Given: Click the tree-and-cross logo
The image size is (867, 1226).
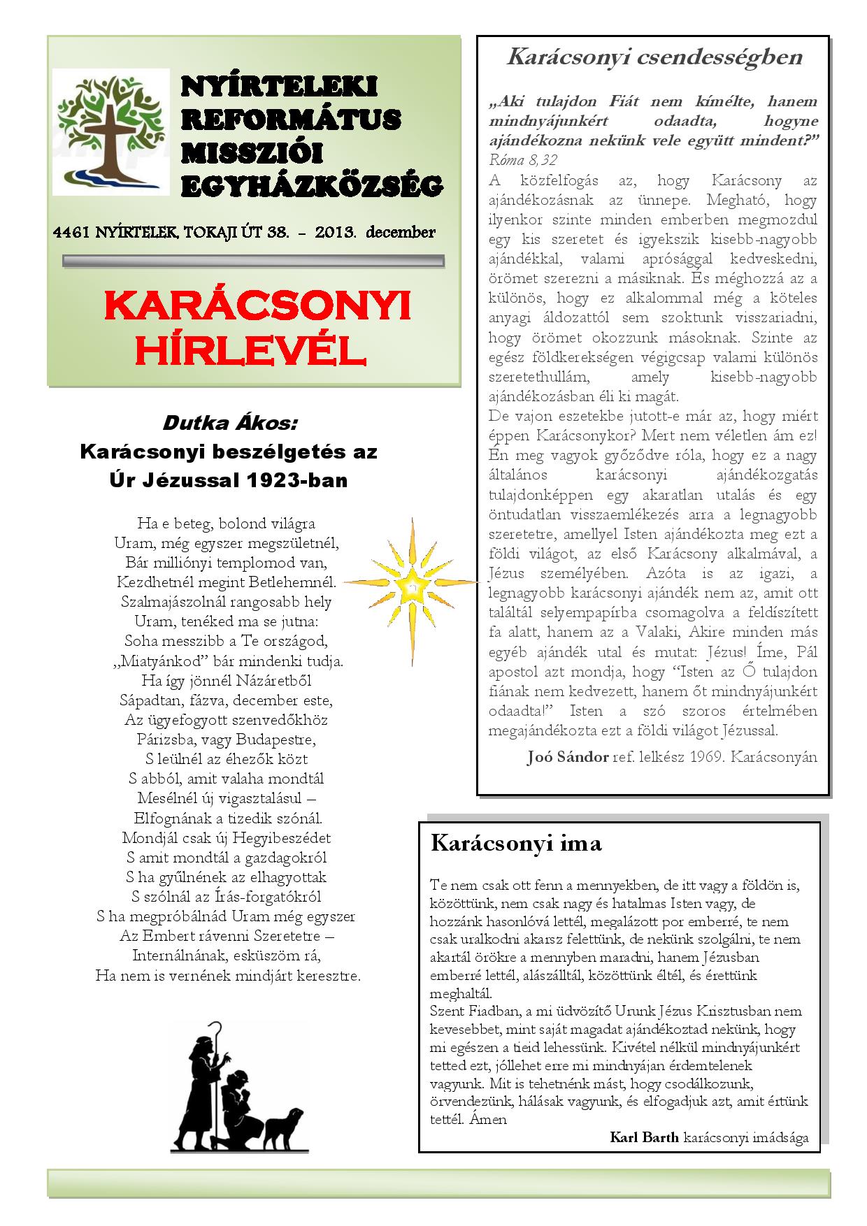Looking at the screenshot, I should [x=110, y=131].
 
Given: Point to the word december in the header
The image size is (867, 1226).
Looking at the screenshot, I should [x=399, y=233].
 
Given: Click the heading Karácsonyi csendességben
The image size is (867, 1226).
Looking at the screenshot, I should [x=654, y=57].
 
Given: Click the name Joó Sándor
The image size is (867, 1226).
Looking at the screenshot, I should [x=567, y=757].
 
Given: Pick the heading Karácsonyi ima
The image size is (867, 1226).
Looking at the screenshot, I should [x=516, y=843].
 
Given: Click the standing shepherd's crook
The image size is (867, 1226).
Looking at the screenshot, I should [x=222, y=1034].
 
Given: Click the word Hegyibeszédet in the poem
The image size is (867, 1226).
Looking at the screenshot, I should [x=282, y=837].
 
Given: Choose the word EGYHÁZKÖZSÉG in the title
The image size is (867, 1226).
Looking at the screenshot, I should [x=312, y=186].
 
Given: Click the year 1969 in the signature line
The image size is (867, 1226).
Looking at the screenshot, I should [x=703, y=757].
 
